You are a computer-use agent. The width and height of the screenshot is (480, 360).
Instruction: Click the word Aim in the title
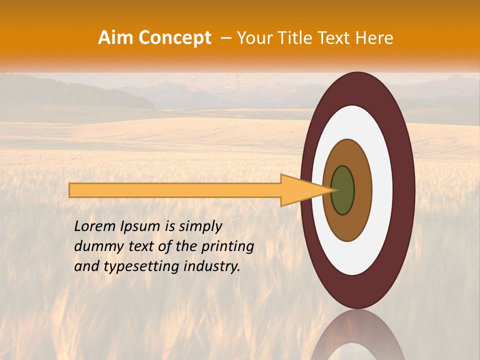pyautogui.click(x=115, y=38)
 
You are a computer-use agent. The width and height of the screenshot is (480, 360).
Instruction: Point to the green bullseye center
pyautogui.click(x=343, y=190)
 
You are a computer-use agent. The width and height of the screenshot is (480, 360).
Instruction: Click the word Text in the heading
pyautogui.click(x=336, y=38)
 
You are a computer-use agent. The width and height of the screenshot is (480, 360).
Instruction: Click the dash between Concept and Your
pyautogui.click(x=226, y=38)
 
